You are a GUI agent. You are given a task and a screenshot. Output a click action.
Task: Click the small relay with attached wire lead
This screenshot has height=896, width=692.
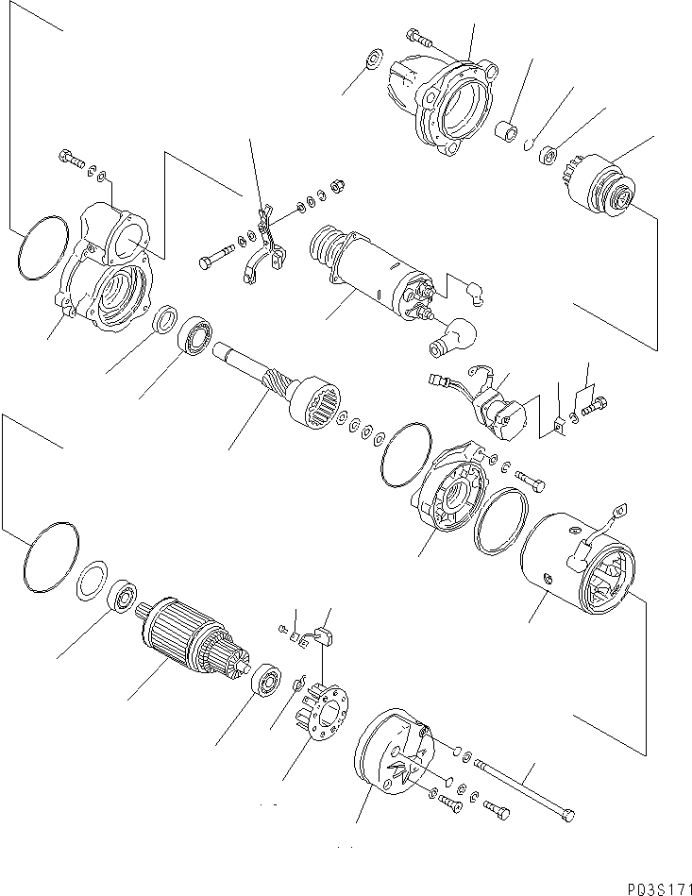pos(500,406)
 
